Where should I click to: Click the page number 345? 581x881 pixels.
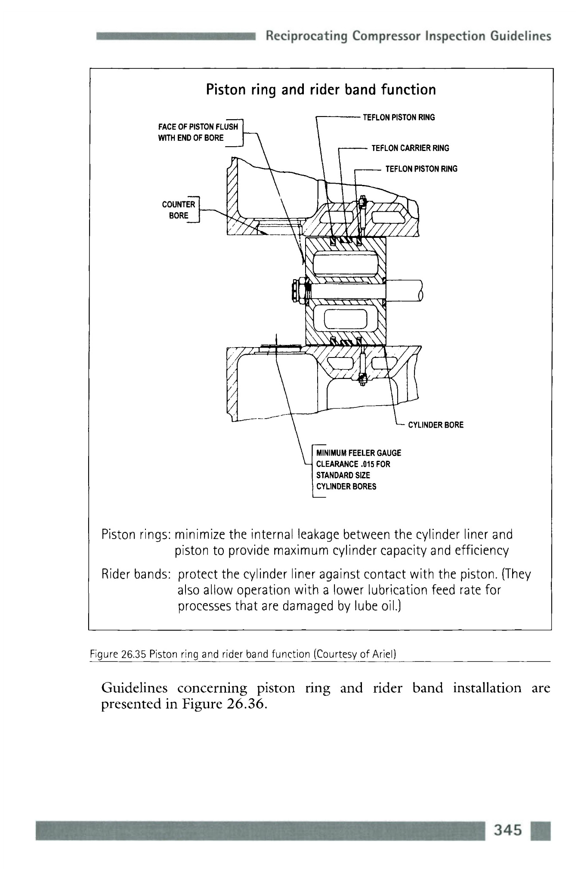(x=508, y=829)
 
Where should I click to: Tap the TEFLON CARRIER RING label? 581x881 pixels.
(x=410, y=148)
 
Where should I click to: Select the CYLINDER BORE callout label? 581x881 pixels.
(x=436, y=425)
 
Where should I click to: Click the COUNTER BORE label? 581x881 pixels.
(x=179, y=210)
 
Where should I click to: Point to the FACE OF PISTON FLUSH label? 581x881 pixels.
(x=198, y=127)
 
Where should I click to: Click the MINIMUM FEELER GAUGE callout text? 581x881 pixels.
(x=358, y=453)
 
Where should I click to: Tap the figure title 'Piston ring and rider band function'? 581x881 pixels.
(x=321, y=89)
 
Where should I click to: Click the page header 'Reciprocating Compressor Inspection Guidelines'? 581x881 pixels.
(x=408, y=36)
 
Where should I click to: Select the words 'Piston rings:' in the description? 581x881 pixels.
(x=136, y=535)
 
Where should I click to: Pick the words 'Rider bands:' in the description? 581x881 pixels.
(x=136, y=574)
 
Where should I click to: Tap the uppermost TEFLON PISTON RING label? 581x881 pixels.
(x=399, y=117)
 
